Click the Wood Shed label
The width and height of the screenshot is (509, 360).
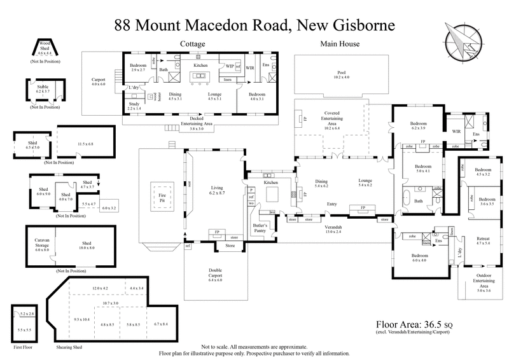tap(43, 44)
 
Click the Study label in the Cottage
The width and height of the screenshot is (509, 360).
tap(133, 106)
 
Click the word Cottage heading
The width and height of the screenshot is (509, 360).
tap(192, 45)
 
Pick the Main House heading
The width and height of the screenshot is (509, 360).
tap(339, 45)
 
